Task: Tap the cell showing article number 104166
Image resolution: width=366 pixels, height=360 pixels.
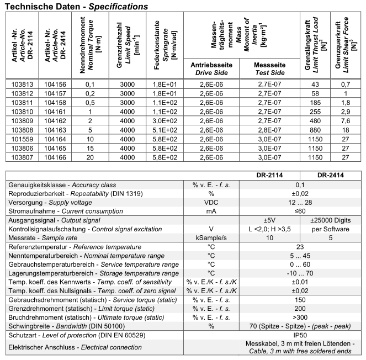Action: [55, 157]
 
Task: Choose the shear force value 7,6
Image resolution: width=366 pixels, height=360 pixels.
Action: [347, 120]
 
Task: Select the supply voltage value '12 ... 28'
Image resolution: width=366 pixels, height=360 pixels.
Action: [300, 203]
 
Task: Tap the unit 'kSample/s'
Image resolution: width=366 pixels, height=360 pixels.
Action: [210, 238]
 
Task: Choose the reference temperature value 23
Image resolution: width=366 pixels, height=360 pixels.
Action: [300, 247]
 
